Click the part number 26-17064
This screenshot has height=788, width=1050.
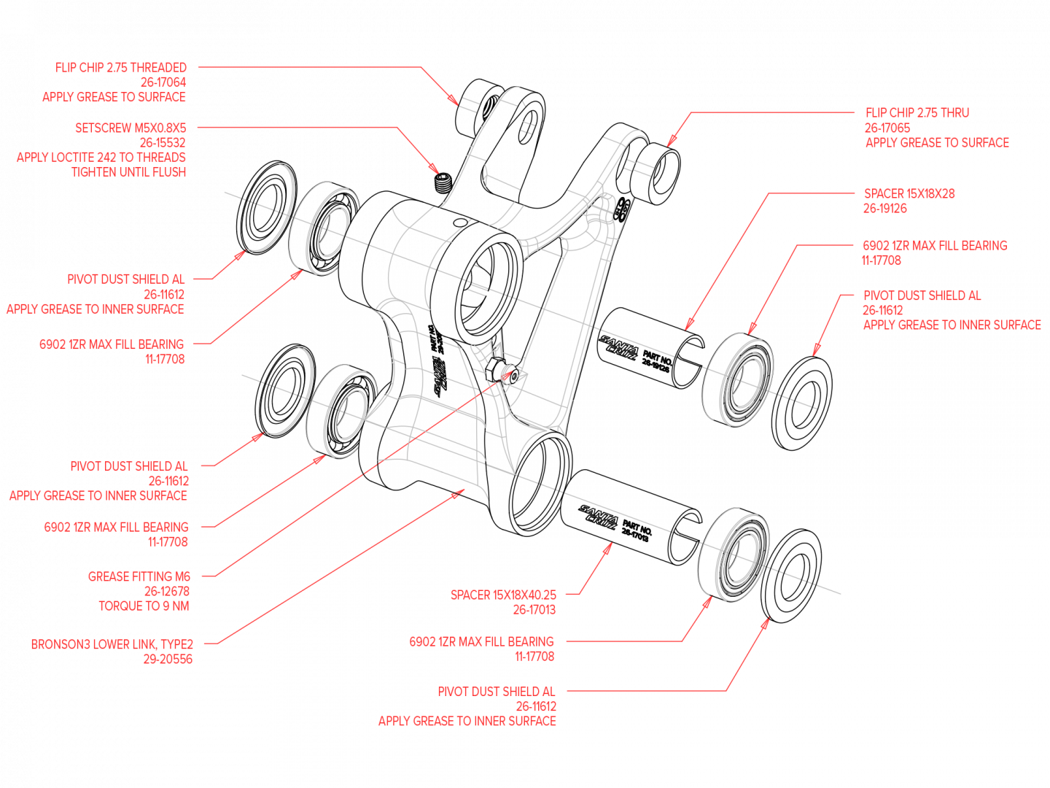pyautogui.click(x=163, y=82)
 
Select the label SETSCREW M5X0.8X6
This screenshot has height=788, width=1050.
pyautogui.click(x=131, y=128)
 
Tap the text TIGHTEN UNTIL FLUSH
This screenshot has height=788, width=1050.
pyautogui.click(x=128, y=172)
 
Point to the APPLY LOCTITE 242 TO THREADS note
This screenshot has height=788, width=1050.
pyautogui.click(x=101, y=157)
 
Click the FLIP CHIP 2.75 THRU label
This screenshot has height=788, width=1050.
pyautogui.click(x=917, y=113)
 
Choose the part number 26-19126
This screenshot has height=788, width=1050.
pyautogui.click(x=885, y=209)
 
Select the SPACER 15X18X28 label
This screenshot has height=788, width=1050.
pyautogui.click(x=909, y=194)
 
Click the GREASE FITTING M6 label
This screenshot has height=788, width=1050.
pyautogui.click(x=139, y=577)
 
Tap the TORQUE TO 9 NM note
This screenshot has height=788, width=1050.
pyautogui.click(x=144, y=606)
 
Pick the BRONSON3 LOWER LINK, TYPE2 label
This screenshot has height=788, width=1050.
pyautogui.click(x=112, y=645)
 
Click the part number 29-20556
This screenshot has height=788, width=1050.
pyautogui.click(x=168, y=660)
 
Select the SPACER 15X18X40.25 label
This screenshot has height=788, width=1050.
pyautogui.click(x=503, y=595)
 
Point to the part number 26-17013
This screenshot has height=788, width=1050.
pyautogui.click(x=534, y=610)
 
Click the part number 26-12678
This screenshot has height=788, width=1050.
pyautogui.click(x=166, y=592)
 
